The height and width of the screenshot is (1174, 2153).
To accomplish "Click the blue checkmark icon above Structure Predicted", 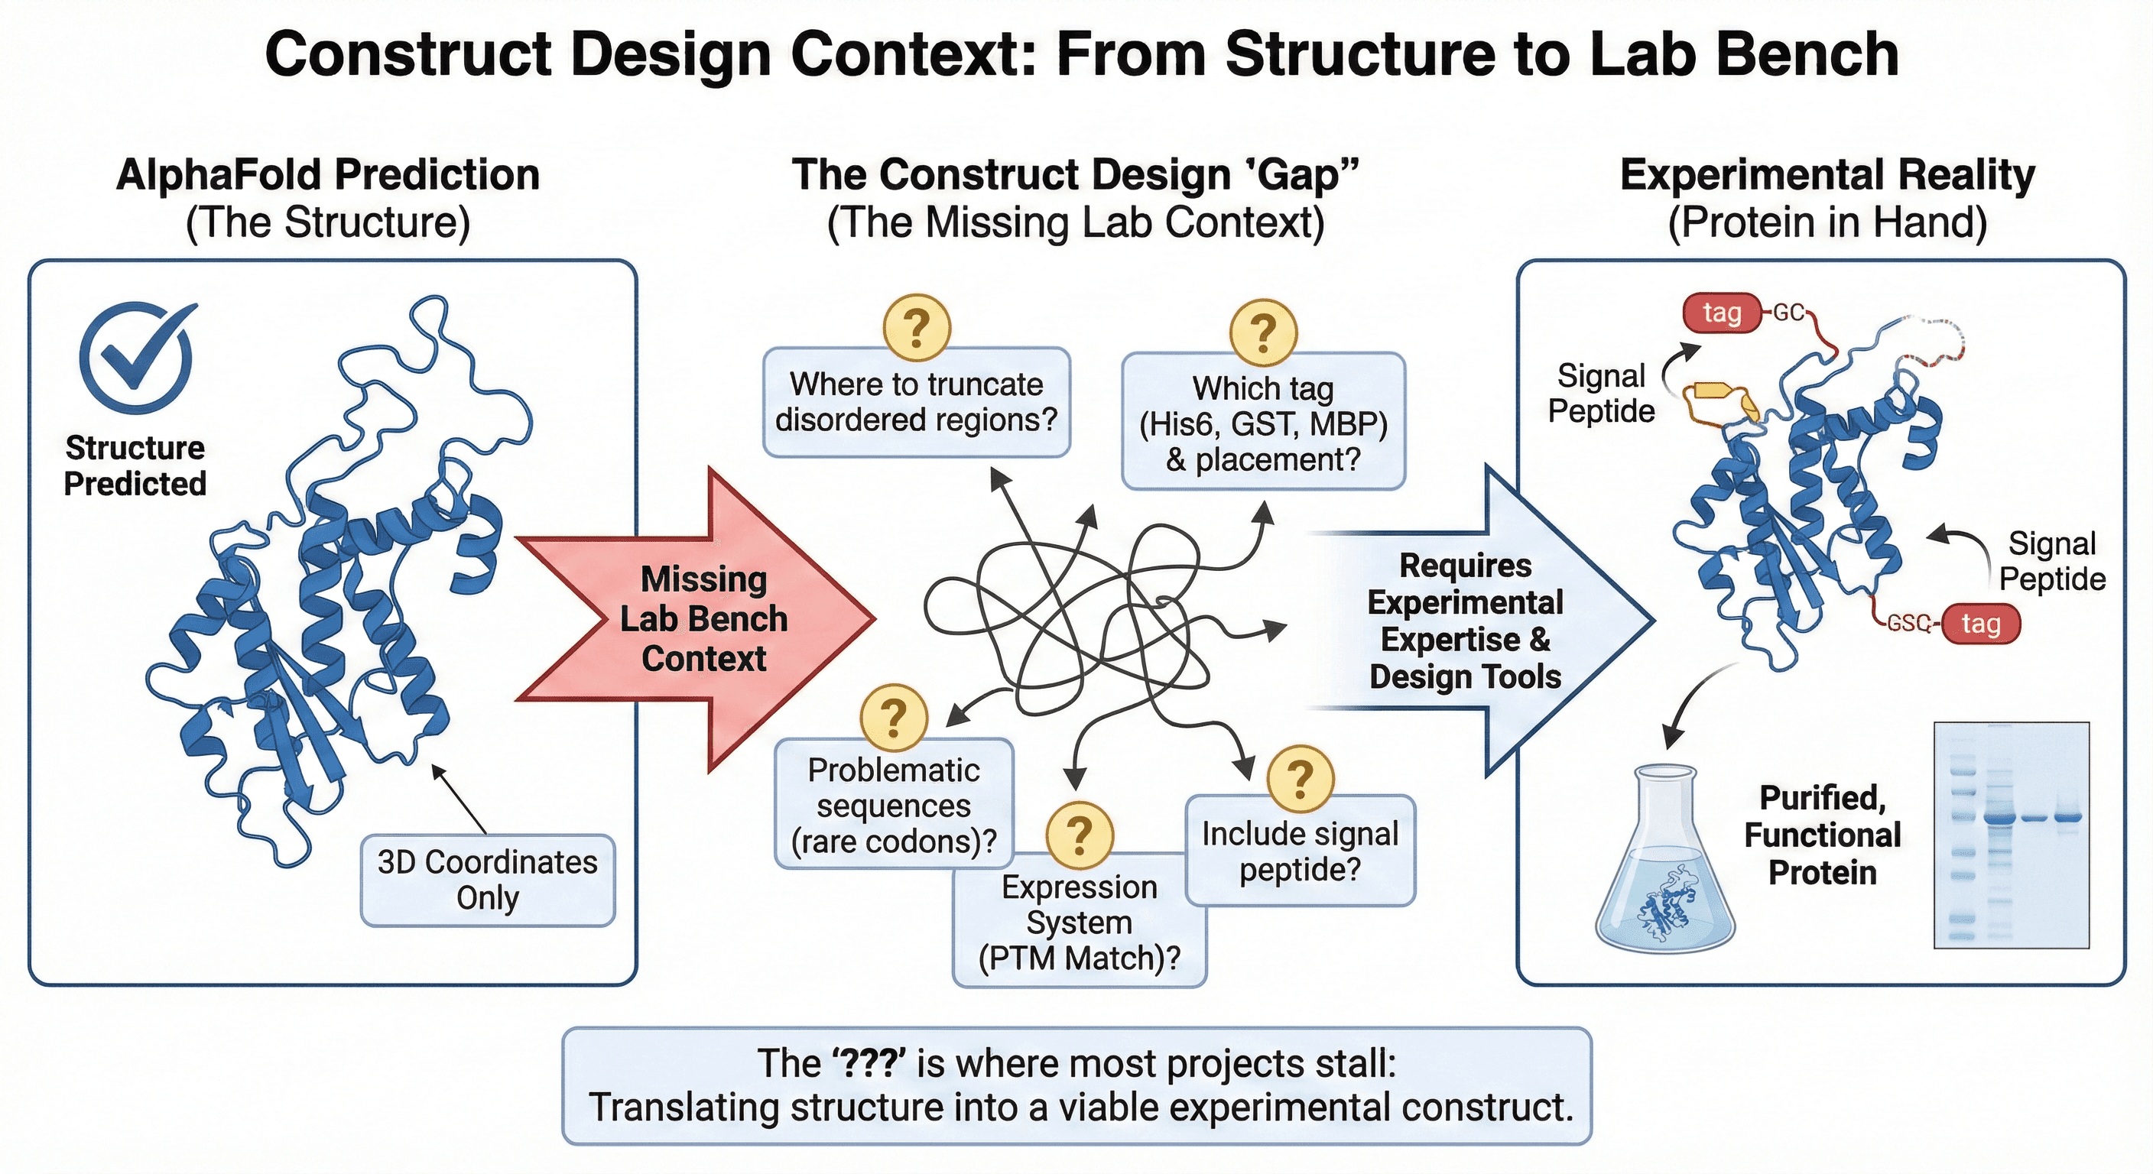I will click(x=136, y=357).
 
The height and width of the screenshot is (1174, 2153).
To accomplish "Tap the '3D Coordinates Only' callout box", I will click(x=487, y=880).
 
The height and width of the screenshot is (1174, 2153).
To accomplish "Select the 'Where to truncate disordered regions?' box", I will click(x=916, y=403).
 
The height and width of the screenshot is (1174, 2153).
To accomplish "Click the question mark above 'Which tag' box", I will click(x=1263, y=332).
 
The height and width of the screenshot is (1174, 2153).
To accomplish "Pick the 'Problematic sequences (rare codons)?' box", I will click(x=894, y=806).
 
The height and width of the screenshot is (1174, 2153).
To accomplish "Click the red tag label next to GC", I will click(x=1721, y=313).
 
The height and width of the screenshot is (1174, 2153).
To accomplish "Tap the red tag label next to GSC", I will click(x=1980, y=624).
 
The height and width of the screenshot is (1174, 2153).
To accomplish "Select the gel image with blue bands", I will click(x=2011, y=835).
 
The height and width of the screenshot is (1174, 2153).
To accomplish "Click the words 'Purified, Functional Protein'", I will click(x=1822, y=835).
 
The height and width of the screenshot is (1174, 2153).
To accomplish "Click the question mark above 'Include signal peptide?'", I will click(x=1300, y=780).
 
